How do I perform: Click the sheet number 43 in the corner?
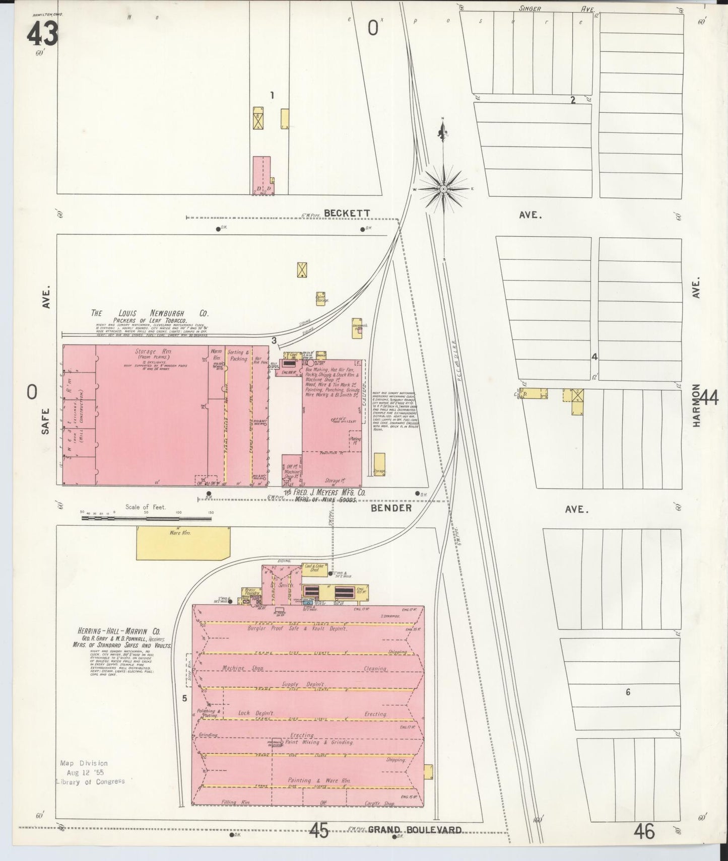(42, 34)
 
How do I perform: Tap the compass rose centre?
(443, 189)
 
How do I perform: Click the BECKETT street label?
(347, 213)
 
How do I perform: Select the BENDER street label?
(391, 508)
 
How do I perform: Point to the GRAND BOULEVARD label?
(415, 830)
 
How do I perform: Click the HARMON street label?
(697, 405)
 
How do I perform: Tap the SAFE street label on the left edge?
(46, 421)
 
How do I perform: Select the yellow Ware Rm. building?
(183, 543)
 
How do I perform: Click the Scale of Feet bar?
(146, 518)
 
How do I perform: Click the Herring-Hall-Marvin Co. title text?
(119, 631)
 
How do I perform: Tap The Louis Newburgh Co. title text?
(150, 313)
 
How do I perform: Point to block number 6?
(628, 692)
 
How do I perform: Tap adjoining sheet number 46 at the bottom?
(644, 831)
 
